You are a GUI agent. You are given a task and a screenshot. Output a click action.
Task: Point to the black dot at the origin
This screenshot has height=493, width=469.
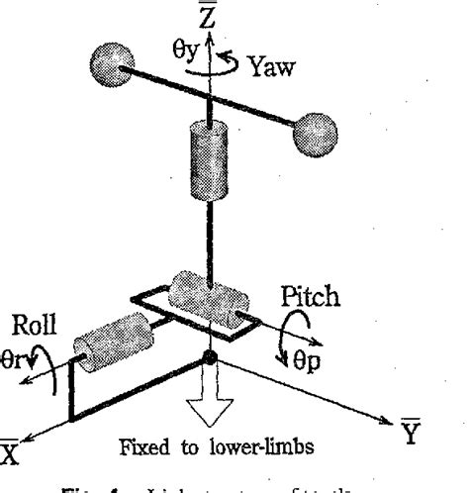coord(209,356)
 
